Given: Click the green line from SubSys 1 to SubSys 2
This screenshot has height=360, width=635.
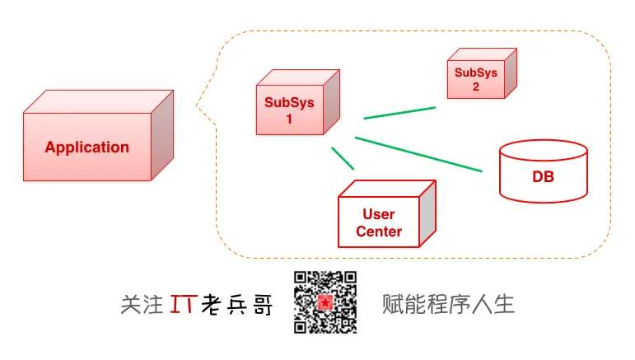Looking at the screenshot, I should [399, 113].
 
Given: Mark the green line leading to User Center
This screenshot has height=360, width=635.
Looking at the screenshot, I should [343, 158].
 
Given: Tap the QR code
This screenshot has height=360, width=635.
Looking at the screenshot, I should [325, 302].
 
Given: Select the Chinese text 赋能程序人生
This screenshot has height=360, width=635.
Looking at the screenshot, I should [448, 304].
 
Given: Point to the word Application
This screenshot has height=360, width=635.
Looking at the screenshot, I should [86, 147].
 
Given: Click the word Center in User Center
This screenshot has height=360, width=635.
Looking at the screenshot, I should [379, 231].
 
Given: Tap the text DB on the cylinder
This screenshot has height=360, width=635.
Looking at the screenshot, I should [543, 177].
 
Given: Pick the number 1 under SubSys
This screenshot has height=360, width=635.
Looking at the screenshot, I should [289, 118].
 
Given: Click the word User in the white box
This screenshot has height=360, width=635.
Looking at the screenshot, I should [379, 214].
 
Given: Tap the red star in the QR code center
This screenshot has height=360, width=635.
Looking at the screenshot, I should [325, 303].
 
